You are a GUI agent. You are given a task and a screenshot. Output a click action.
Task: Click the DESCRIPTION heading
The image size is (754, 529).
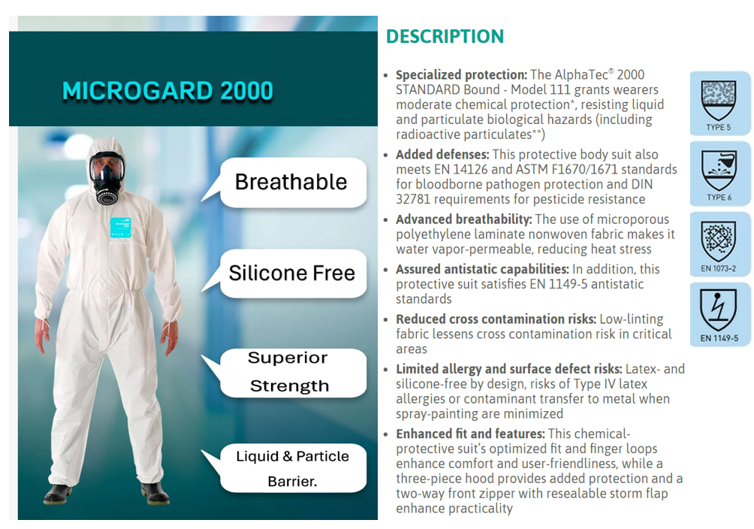pos(445,36)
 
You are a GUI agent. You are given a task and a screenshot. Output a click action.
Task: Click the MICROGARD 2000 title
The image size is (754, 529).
pos(167,91)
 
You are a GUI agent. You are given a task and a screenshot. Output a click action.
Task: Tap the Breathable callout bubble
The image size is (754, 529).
pos(291,182)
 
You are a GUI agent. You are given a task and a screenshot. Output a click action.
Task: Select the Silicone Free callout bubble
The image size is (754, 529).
pos(291,272)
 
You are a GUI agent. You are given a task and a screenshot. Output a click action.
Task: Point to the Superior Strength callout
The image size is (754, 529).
pos(289,372)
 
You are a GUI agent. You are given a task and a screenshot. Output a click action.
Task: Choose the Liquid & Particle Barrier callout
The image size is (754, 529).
pos(292,468)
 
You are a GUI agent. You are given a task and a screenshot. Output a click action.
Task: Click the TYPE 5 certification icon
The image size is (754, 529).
pos(719,103)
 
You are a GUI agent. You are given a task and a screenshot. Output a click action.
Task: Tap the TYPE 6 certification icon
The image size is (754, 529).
pos(719,174)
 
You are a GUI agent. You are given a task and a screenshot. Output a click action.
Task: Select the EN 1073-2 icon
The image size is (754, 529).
pos(719,245)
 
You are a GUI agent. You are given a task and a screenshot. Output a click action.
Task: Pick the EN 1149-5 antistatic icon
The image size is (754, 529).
pos(719,315)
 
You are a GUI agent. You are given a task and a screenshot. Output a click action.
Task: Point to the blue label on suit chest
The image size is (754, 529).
pos(122,228)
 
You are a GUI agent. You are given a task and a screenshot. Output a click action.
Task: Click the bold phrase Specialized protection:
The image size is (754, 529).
pos(461,75)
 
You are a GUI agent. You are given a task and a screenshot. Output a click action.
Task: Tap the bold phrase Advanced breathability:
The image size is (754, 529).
pos(465,219)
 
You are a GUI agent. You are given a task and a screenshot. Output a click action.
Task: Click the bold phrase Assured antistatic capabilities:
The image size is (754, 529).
pos(482,269)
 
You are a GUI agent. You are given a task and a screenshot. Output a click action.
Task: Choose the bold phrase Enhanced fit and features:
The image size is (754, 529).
pos(470,434)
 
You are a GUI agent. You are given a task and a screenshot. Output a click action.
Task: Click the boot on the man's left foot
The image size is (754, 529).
pos(155,494)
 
